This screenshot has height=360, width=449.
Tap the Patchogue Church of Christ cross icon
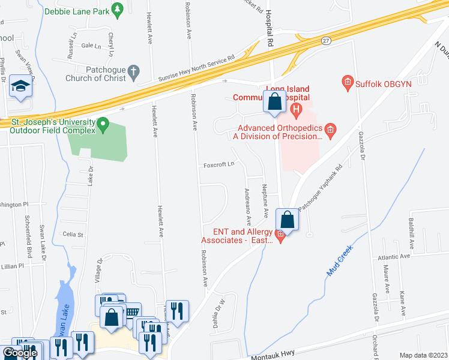133,73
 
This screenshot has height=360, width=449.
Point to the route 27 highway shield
325,41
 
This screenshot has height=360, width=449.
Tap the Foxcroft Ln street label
217,165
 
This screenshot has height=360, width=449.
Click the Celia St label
73,235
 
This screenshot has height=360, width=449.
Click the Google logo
19,353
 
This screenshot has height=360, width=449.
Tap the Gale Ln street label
91,46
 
